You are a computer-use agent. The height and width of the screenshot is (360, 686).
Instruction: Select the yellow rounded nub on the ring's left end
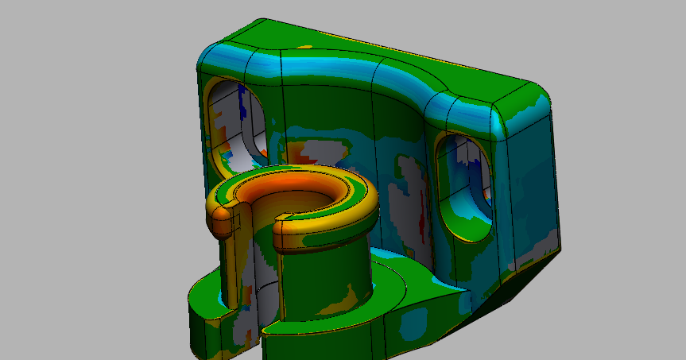click(x=222, y=225)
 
